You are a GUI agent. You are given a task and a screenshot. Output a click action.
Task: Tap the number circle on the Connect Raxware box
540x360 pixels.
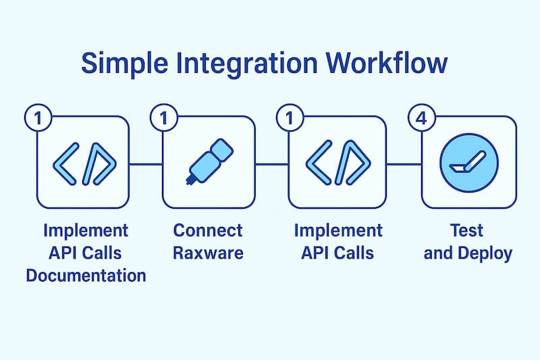[163, 118]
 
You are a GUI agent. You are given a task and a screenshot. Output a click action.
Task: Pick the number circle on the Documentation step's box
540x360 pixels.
[38, 118]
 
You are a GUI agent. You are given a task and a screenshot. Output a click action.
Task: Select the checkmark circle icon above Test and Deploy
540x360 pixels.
[468, 163]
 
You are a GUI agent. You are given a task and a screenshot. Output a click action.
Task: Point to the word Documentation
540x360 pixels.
[86, 276]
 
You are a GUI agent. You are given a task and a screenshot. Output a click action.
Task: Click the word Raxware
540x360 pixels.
[207, 253]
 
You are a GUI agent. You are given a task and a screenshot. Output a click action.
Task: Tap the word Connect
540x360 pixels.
[207, 230]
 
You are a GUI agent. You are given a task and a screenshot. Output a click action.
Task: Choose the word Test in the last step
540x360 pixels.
[467, 230]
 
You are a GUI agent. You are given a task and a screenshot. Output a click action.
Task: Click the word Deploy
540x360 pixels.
[487, 253]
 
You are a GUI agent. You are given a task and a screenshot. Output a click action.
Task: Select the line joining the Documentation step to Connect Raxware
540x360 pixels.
[146, 163]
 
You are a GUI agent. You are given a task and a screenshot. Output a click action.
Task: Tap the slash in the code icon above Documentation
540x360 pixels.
[86, 163]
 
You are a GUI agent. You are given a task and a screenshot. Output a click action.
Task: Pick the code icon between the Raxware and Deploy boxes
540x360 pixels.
[337, 163]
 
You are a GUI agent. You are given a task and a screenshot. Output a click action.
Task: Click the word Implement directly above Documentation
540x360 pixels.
[86, 230]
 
